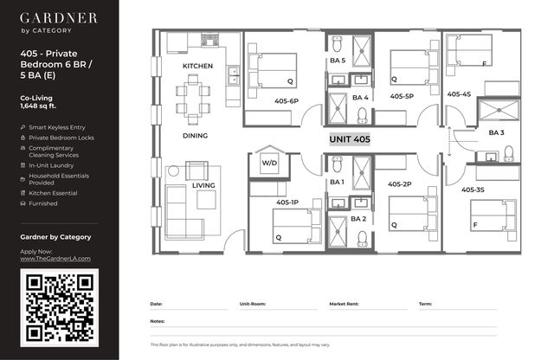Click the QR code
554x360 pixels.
[60, 308]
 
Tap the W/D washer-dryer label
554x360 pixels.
[269, 163]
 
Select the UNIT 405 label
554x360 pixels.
[350, 139]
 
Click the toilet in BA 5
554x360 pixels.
[337, 43]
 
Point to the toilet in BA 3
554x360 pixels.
[508, 154]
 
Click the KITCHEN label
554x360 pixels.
[198, 66]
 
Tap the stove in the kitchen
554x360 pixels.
[209, 41]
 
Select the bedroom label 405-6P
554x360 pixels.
[287, 101]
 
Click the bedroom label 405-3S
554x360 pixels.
[473, 190]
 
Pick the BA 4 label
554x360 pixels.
[360, 98]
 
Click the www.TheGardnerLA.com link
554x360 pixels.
[55, 259]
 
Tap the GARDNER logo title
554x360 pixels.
[58, 18]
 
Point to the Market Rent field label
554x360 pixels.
[344, 304]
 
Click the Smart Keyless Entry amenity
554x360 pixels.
[57, 127]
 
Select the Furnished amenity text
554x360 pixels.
[43, 203]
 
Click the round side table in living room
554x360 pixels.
[173, 171]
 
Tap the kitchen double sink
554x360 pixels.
[234, 75]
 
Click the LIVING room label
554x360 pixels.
[203, 185]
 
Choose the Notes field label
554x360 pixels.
[158, 322]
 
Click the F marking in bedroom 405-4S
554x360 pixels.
[485, 64]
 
